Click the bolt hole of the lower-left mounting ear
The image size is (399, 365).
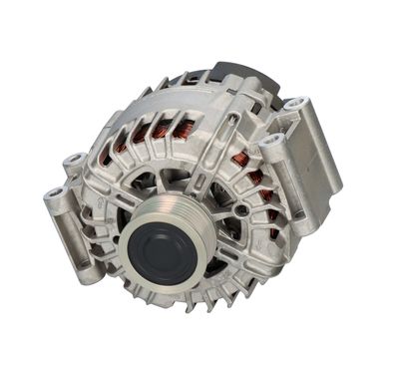(54, 193)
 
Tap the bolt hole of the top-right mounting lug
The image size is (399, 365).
(294, 103)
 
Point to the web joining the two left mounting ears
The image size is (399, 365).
(64, 180)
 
